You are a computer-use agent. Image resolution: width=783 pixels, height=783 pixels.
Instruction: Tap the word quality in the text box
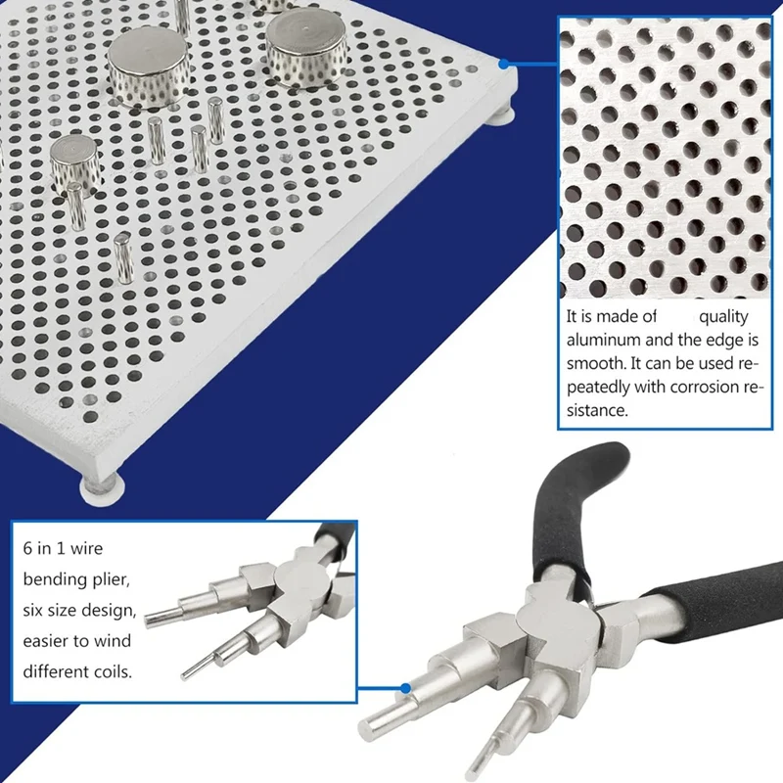[x=722, y=316]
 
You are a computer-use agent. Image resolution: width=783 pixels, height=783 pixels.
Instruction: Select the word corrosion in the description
[x=704, y=387]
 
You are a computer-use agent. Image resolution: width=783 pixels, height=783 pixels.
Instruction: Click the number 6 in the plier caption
[x=26, y=549]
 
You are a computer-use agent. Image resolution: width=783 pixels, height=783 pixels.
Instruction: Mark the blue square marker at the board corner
[x=505, y=65]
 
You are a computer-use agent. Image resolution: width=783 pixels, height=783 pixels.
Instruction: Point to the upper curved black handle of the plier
[x=577, y=489]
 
